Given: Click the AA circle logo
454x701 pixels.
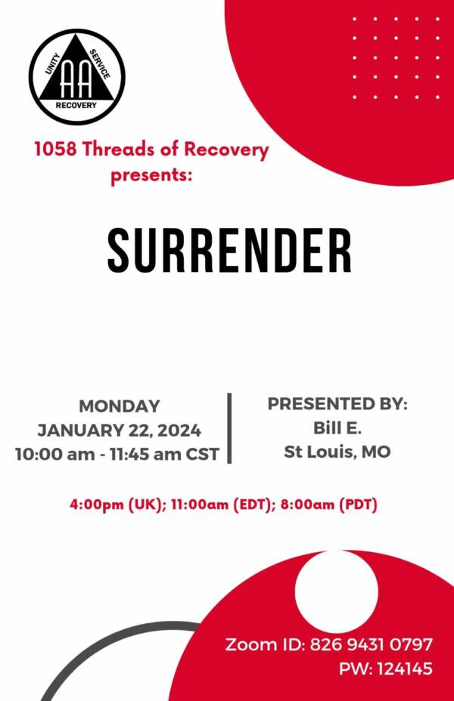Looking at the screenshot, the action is point(77,77).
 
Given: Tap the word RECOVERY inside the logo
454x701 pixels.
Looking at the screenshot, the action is point(76,106).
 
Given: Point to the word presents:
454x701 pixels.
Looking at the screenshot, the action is point(151,174).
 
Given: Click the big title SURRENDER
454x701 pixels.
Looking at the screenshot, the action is point(230,251).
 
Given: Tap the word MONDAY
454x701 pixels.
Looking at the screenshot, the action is point(120,406).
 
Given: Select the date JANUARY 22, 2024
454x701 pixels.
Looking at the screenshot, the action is point(119,431).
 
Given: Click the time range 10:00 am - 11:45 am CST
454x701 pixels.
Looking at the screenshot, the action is point(117,454).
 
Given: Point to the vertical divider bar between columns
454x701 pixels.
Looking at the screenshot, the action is point(230,428).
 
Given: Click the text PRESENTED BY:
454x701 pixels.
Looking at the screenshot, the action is point(337,403).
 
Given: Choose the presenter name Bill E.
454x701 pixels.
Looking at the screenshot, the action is point(337,428).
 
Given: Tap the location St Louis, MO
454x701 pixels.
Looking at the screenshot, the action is point(337,452).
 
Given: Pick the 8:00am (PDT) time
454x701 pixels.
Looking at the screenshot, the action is point(329,505).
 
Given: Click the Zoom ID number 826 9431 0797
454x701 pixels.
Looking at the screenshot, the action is point(372,644).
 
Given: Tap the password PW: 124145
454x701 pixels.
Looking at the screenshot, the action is point(385,669).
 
